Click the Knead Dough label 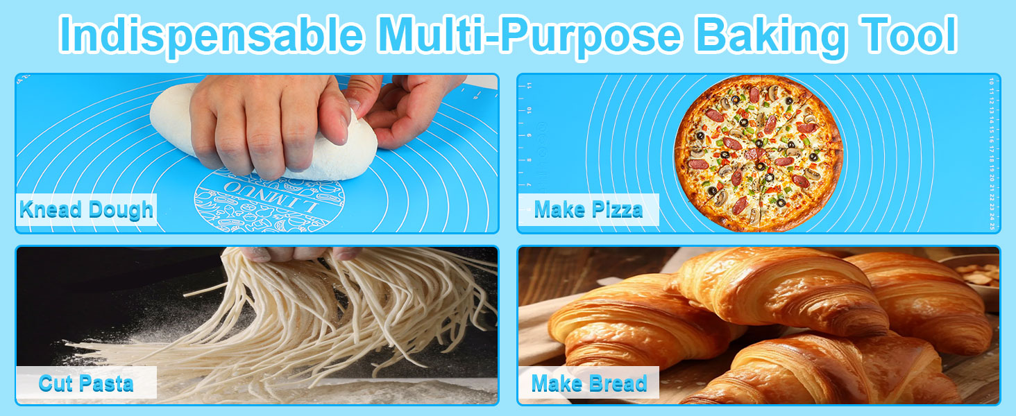86,209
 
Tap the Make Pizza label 588,209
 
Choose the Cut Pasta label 86,383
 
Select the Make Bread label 589,383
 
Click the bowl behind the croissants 979,274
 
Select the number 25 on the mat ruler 992,226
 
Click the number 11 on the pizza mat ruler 530,86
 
